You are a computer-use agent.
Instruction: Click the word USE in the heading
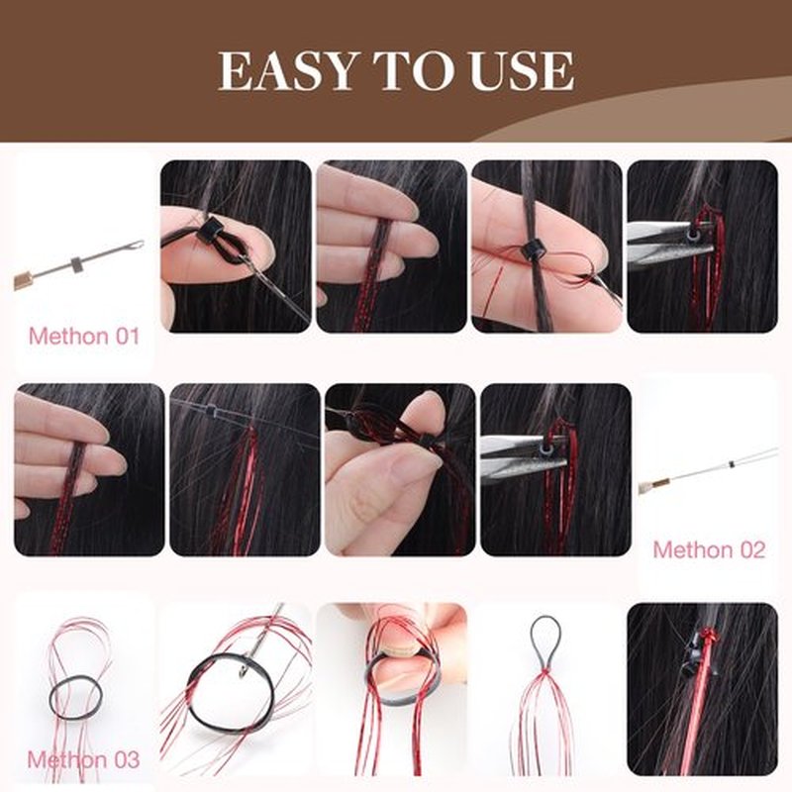pos(522,70)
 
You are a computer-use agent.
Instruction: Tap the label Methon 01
pos(84,336)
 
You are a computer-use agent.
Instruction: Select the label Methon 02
pos(709,549)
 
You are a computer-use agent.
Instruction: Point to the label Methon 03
pos(83,759)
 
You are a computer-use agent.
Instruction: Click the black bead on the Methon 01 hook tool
pos(76,264)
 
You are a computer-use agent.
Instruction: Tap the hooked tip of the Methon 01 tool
pos(136,246)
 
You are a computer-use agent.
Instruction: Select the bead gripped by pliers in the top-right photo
pos(693,234)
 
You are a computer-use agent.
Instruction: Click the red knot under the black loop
pos(544,671)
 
